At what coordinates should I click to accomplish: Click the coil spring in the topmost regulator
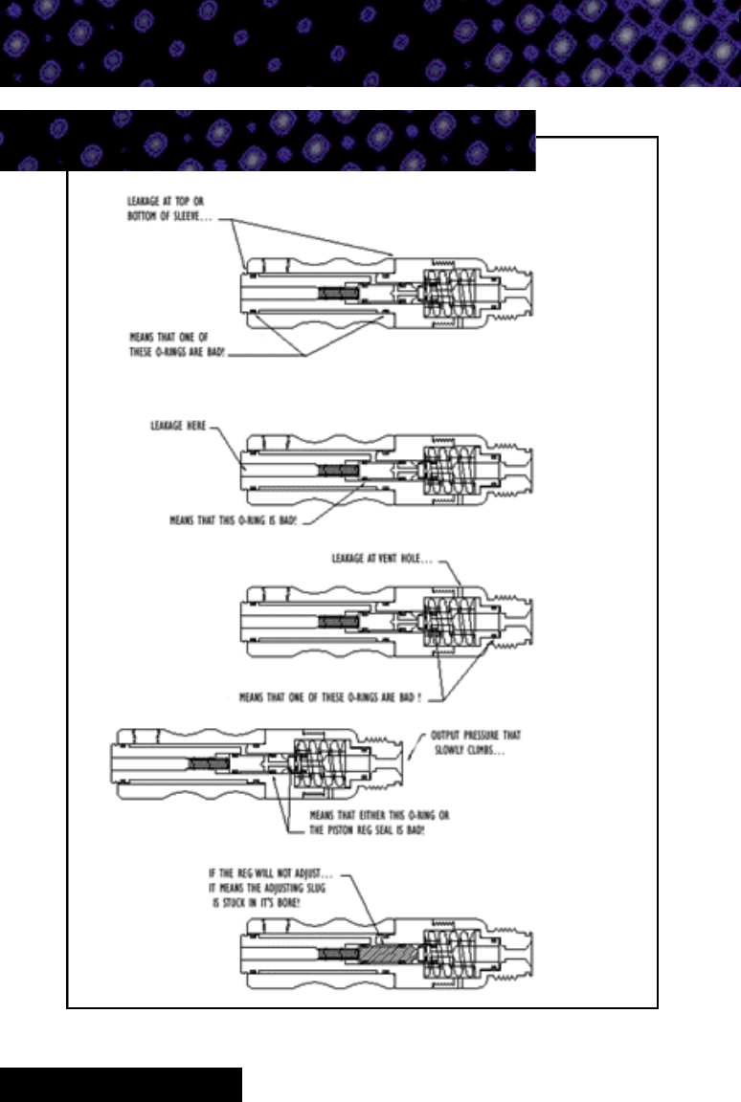[x=453, y=287]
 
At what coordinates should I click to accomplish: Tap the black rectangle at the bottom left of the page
[x=121, y=1085]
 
